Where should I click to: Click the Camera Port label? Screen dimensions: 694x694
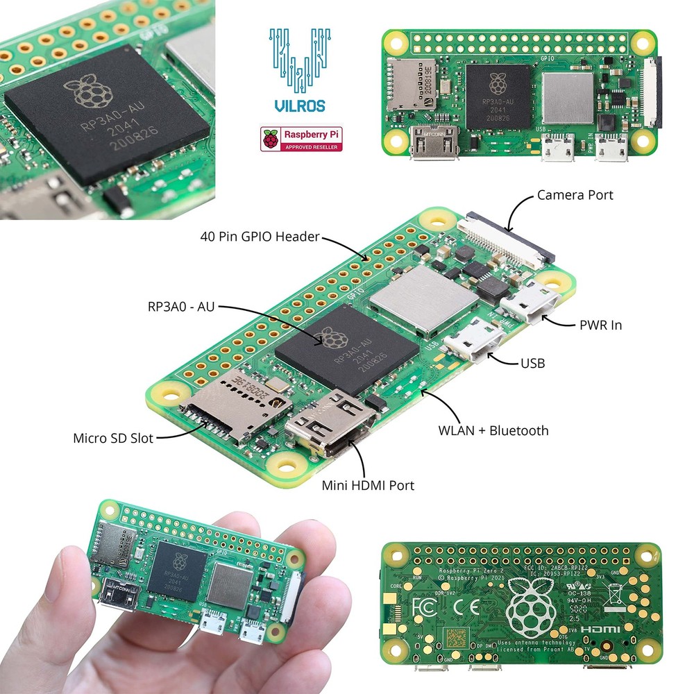pos(575,195)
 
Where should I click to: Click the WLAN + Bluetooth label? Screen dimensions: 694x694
pos(493,431)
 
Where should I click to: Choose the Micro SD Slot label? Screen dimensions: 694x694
pos(113,439)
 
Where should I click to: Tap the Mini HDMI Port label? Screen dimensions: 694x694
pos(367,486)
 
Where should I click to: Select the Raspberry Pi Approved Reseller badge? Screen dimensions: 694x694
pos(303,139)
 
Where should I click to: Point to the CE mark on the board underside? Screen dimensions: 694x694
pos(462,605)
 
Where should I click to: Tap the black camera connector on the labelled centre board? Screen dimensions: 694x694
pos(507,236)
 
